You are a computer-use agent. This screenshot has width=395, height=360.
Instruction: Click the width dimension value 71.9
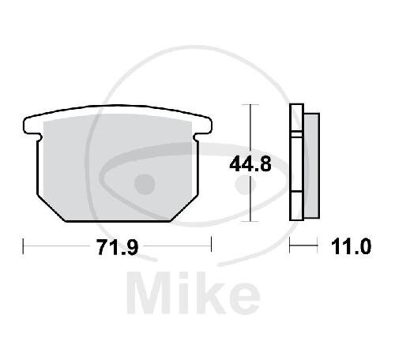click(x=118, y=247)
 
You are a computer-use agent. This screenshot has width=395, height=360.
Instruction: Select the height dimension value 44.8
click(x=250, y=164)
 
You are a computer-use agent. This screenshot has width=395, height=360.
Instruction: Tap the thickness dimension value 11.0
click(x=351, y=246)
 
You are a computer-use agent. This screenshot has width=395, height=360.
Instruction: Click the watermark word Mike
click(x=194, y=293)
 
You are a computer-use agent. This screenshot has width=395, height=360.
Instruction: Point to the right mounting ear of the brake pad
click(x=204, y=126)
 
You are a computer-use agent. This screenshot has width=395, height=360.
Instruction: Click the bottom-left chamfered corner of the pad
click(x=51, y=208)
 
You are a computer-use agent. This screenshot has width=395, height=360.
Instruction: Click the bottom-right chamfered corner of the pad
click(x=184, y=208)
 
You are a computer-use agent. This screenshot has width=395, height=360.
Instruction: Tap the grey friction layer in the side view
click(x=312, y=166)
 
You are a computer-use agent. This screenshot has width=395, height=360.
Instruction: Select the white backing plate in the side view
click(x=296, y=162)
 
